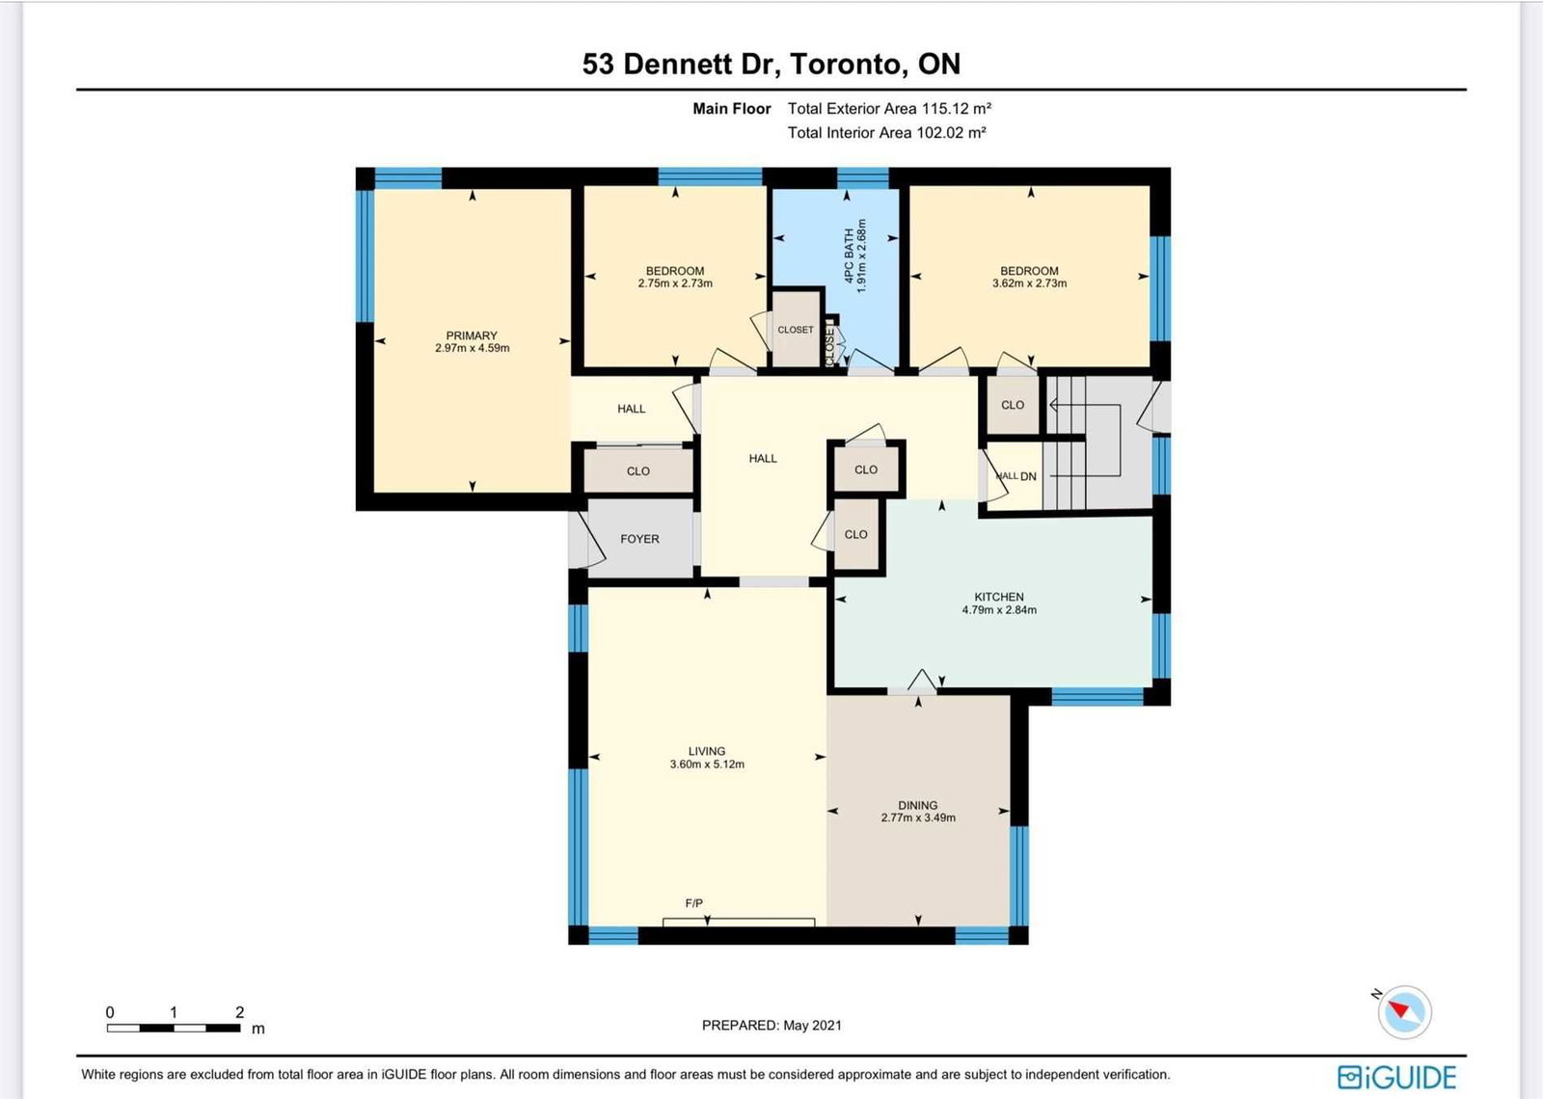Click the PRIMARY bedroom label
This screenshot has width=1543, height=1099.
(x=472, y=335)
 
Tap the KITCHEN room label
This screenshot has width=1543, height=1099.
(x=999, y=597)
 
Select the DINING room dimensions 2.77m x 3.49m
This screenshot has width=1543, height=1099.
(x=917, y=818)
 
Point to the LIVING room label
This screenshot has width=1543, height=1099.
(x=707, y=751)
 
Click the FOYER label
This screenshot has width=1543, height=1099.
(x=639, y=539)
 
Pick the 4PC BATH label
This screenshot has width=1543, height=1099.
(x=850, y=256)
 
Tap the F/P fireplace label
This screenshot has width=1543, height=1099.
(x=693, y=903)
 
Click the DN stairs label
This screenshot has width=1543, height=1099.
(x=1028, y=476)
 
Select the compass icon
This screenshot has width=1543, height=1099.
(x=1404, y=1012)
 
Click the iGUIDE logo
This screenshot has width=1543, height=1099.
(x=1397, y=1077)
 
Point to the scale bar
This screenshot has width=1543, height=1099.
(x=174, y=1028)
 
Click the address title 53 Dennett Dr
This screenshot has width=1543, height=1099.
(x=681, y=64)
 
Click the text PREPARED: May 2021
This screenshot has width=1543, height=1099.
(x=771, y=1026)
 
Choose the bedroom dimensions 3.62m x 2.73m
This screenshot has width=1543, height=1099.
(x=1029, y=283)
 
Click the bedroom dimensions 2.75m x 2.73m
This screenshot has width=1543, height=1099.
(x=675, y=283)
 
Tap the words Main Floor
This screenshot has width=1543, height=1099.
(x=732, y=109)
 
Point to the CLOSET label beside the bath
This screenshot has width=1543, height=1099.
(x=796, y=330)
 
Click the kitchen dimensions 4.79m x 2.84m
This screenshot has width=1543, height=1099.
(x=999, y=610)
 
